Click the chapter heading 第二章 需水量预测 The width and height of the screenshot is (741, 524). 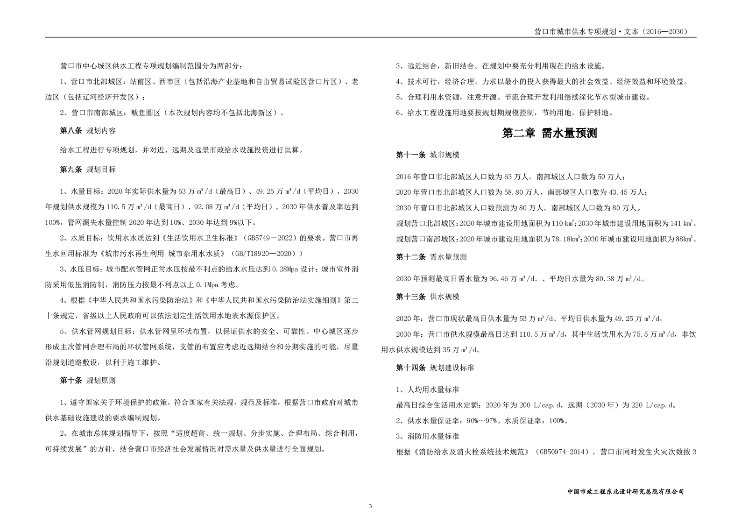pos(549,133)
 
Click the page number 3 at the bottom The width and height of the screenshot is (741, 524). pos(370,506)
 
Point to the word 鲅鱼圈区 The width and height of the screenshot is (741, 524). pos(146,113)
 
